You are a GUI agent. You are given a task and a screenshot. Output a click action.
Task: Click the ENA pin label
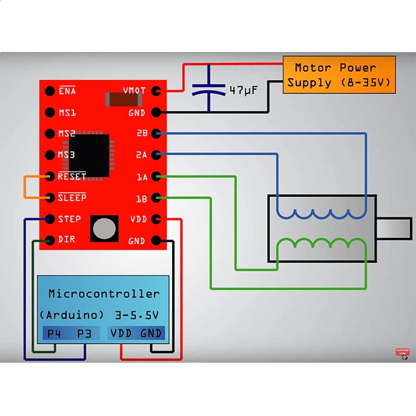pos(67,91)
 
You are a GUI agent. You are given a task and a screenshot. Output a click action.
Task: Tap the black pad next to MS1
pos(50,112)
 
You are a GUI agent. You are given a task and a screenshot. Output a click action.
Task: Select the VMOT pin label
pos(134,91)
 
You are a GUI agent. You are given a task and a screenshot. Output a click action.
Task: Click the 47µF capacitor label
pos(243,91)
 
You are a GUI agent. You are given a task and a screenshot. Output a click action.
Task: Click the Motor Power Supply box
pos(339,75)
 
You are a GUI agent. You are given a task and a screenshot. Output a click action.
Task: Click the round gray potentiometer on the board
pos(104,228)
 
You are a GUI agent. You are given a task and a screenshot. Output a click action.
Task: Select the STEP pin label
pos(69,219)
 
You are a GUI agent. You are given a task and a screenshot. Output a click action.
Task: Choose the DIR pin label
pos(66,240)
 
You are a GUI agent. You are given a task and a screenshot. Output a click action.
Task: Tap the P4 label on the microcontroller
pos(54,334)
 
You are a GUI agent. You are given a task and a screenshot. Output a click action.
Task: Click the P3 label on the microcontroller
pos(84,334)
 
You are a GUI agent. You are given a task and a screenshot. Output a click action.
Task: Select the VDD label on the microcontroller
pos(121,334)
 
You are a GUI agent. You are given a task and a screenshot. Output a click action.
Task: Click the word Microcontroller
pos(104,294)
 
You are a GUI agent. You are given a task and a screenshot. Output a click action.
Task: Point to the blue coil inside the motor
pos(321,214)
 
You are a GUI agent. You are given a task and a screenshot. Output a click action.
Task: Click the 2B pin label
pos(142,133)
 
